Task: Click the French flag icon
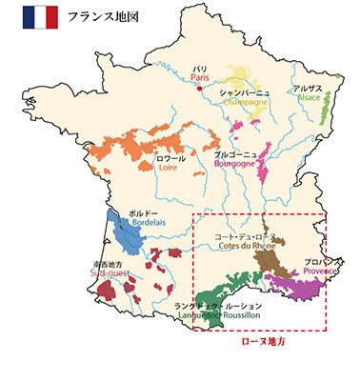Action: pos(39,18)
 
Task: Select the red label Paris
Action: pos(198,78)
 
